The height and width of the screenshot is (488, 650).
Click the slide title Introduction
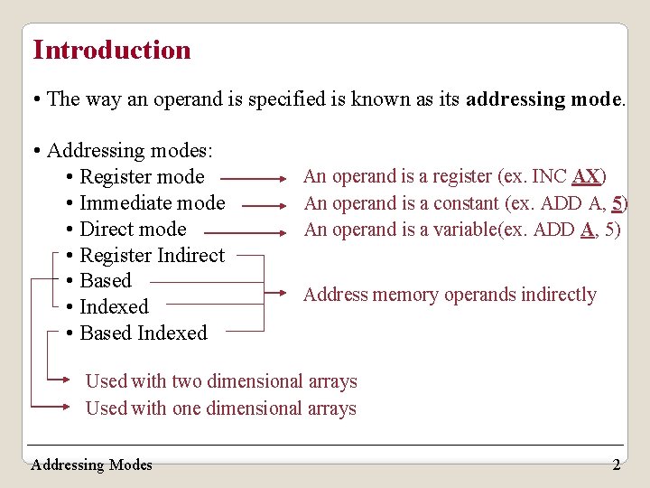tap(112, 50)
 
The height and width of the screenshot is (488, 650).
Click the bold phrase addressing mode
tap(543, 99)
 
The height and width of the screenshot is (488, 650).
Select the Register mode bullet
tap(142, 176)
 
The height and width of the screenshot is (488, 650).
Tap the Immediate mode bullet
tap(152, 202)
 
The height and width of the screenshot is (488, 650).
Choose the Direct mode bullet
tap(133, 229)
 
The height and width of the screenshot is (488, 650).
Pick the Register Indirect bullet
tap(152, 255)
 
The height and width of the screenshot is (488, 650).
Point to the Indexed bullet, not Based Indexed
tap(114, 306)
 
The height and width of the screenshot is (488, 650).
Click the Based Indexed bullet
tap(144, 333)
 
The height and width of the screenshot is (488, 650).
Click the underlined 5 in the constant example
tap(617, 203)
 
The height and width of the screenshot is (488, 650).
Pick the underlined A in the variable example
tap(587, 230)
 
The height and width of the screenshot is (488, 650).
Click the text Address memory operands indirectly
tap(450, 295)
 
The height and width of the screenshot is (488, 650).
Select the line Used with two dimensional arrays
tap(221, 381)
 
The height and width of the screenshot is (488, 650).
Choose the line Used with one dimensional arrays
tap(220, 408)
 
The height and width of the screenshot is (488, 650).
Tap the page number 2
tap(616, 465)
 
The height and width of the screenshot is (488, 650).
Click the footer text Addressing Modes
tap(91, 465)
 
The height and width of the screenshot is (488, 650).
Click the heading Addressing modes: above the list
tap(129, 150)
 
